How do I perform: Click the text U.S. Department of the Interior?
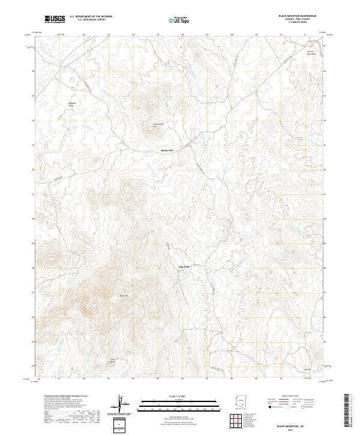[91, 17]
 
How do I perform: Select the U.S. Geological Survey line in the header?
[87, 20]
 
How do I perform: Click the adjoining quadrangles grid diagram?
[238, 422]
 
